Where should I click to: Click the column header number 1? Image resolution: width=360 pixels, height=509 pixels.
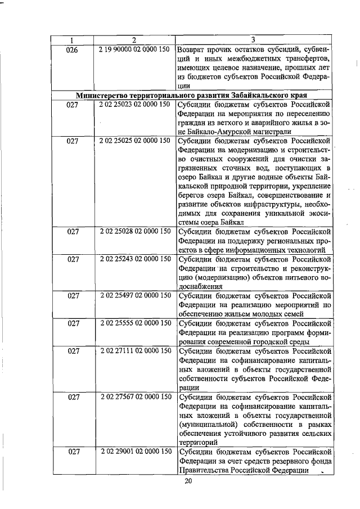coord(72,40)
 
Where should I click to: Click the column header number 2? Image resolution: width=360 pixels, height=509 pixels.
coord(134,40)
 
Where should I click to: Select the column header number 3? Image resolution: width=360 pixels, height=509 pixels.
coord(253,40)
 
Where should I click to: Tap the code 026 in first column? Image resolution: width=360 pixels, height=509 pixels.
coord(72,49)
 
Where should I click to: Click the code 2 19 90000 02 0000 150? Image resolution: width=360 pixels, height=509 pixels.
coord(134,49)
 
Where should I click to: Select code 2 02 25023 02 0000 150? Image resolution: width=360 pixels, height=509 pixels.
coord(134,105)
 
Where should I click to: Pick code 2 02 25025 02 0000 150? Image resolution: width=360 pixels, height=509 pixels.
coord(134,141)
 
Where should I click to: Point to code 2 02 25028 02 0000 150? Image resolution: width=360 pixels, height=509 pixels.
coord(134,232)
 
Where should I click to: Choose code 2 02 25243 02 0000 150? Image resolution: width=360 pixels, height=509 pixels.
coord(134,259)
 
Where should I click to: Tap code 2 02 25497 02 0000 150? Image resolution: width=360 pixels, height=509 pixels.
coord(134,296)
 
